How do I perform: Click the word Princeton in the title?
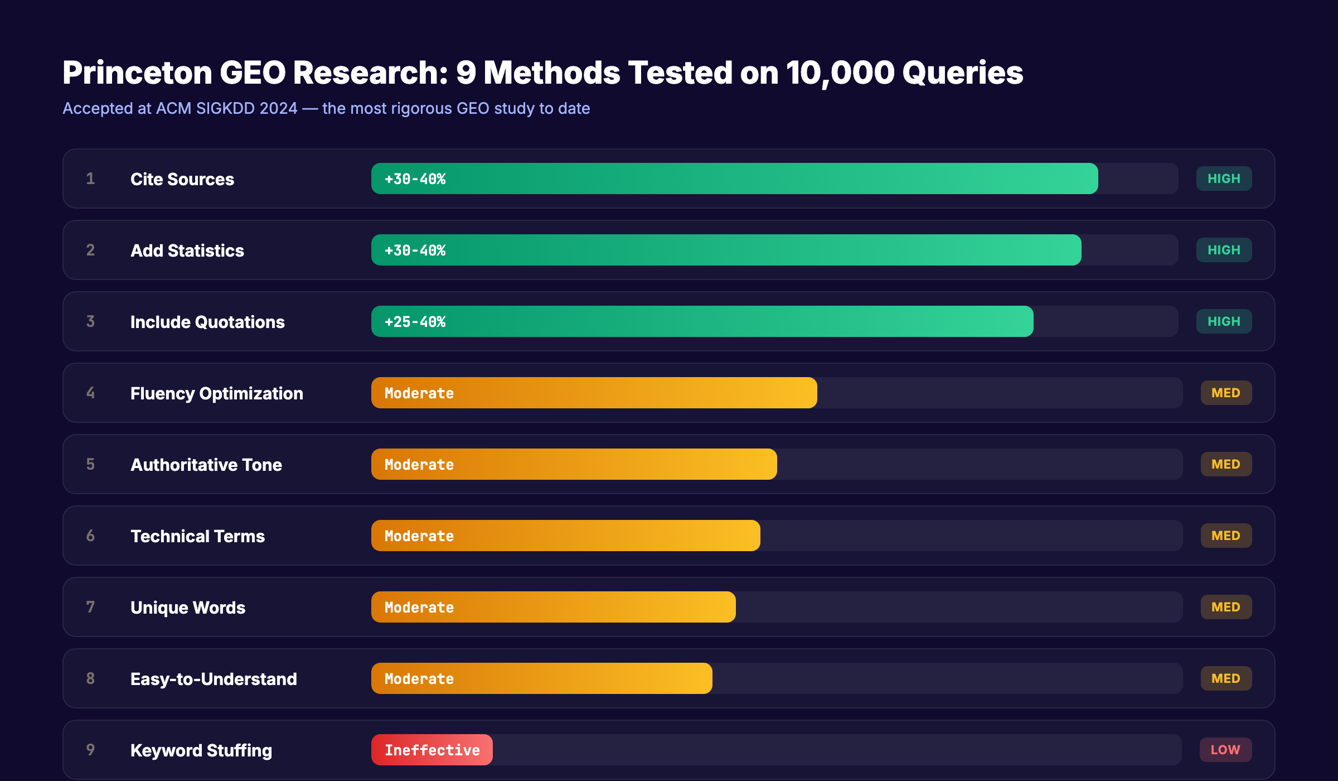pyautogui.click(x=137, y=73)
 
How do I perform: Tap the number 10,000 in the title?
pyautogui.click(x=840, y=73)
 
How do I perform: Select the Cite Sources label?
pyautogui.click(x=182, y=179)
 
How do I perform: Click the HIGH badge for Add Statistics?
pyautogui.click(x=1224, y=250)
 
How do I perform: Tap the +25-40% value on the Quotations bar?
pyautogui.click(x=415, y=322)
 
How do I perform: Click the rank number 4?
pyautogui.click(x=90, y=393)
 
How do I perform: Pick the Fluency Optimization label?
pyautogui.click(x=216, y=393)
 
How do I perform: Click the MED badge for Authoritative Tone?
pyautogui.click(x=1225, y=464)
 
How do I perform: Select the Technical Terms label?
pyautogui.click(x=197, y=536)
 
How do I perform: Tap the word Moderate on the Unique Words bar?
pyautogui.click(x=419, y=608)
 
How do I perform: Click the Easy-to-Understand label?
pyautogui.click(x=214, y=679)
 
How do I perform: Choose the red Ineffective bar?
pyautogui.click(x=432, y=750)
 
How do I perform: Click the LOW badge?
pyautogui.click(x=1225, y=750)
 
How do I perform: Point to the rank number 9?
pyautogui.click(x=90, y=750)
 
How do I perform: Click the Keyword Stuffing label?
pyautogui.click(x=201, y=750)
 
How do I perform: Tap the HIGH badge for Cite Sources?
pyautogui.click(x=1224, y=179)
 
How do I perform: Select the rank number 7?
pyautogui.click(x=90, y=607)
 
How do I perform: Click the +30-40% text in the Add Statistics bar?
pyautogui.click(x=415, y=250)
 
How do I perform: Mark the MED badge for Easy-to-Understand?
pyautogui.click(x=1225, y=678)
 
